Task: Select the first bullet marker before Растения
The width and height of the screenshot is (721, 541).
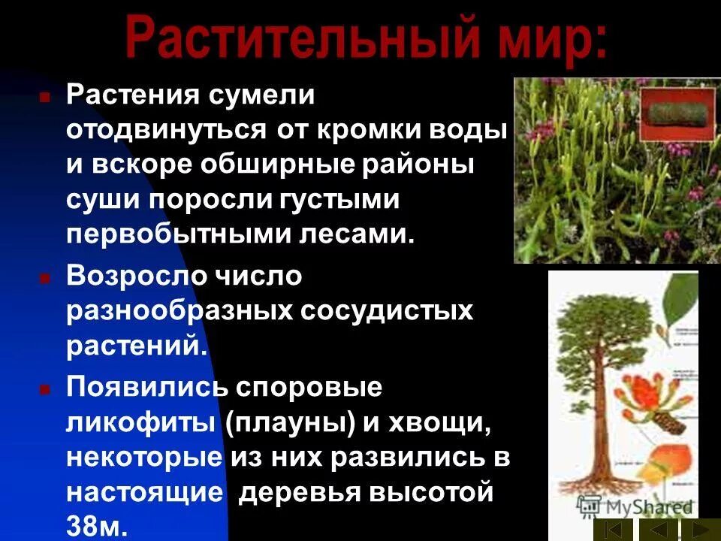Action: [x=45, y=98]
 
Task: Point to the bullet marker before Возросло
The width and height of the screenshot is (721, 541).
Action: [x=45, y=278]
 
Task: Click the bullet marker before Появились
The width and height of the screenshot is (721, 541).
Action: [x=45, y=390]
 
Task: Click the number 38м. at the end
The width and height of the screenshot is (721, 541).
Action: [x=97, y=524]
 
